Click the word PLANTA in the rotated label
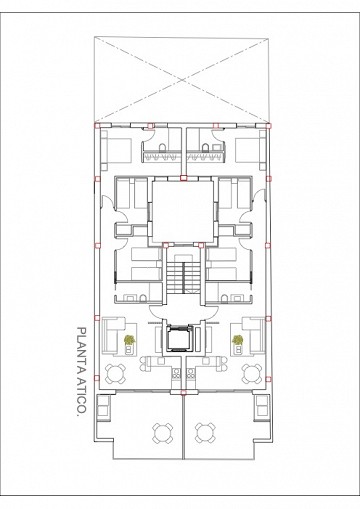point(81,348)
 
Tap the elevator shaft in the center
point(180,338)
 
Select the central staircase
point(183,277)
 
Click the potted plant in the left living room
point(129,340)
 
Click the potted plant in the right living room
point(237,340)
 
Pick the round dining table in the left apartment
point(115,374)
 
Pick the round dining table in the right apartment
point(252,374)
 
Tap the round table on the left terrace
point(163,433)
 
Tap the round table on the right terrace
point(205,433)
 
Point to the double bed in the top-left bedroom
point(116,150)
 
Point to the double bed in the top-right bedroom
point(250,150)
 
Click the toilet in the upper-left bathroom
point(162,148)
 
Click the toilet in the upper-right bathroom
point(205,148)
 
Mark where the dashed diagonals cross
point(182,80)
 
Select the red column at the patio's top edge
point(183,178)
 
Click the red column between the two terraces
point(183,392)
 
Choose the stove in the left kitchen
point(175,373)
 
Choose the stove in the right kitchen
point(190,373)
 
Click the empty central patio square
point(183,211)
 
